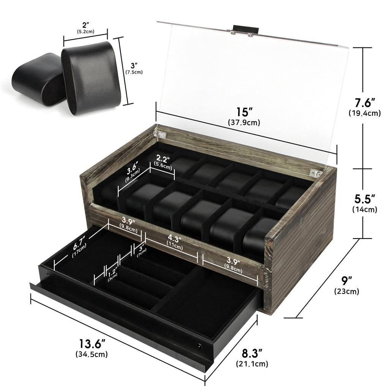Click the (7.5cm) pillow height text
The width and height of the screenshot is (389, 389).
pos(134,72)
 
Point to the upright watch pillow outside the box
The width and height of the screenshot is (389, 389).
pos(91,78)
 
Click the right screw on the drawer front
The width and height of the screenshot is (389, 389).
pos(199,345)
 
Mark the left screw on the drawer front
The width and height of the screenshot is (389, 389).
pos(47,276)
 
